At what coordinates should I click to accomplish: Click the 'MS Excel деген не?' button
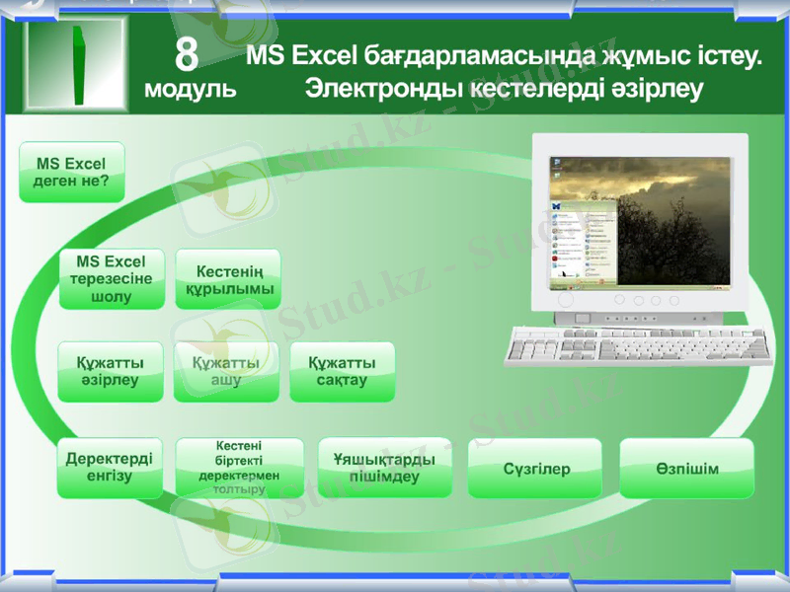(72, 172)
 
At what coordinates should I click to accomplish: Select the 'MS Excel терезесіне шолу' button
(112, 278)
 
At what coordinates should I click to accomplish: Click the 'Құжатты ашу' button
(226, 372)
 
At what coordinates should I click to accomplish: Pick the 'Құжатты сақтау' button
(342, 372)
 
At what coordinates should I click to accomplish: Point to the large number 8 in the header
(188, 55)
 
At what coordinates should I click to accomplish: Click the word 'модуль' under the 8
(190, 90)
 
